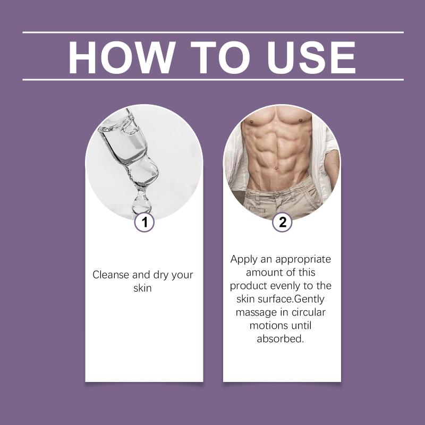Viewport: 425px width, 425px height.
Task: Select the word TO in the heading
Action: coord(220,57)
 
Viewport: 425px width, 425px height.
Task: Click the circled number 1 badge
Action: coord(144,222)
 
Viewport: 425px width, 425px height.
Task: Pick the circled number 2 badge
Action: coord(282,222)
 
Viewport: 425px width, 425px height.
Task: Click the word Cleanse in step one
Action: coord(110,275)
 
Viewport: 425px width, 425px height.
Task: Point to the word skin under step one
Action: coord(142,288)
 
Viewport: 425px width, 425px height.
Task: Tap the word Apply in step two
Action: coord(243,259)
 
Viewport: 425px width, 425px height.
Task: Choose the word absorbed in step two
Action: coord(280,339)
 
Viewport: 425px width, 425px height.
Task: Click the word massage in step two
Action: coord(256,312)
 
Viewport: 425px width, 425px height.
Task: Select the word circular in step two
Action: coord(308,312)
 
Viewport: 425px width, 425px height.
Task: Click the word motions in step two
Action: coord(269,325)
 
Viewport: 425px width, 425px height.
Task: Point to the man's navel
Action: coord(276,169)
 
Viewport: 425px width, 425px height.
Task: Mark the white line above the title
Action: coord(213,32)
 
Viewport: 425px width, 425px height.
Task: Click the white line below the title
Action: coord(213,80)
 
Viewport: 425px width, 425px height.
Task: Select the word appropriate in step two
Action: coord(303,260)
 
